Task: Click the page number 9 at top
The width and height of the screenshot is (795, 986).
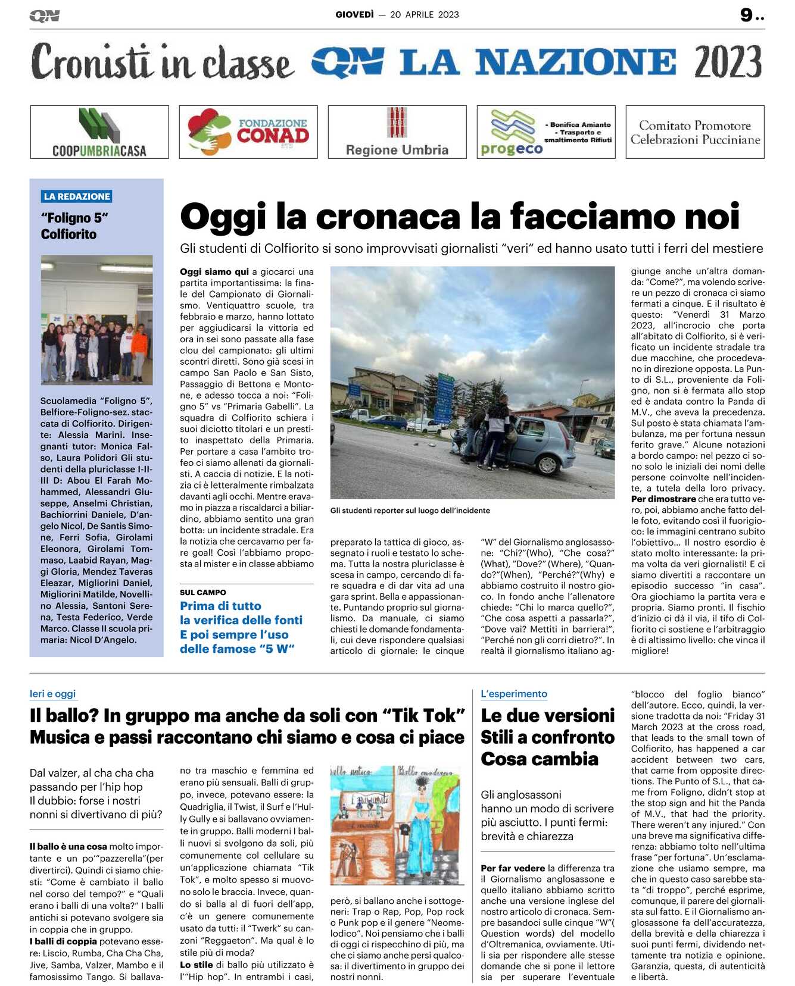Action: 746,15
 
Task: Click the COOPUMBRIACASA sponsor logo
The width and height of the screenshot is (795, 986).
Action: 99,132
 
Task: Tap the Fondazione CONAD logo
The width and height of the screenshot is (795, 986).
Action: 248,132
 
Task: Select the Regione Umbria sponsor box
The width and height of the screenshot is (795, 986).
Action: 397,132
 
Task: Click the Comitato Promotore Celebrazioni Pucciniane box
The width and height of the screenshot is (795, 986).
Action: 695,132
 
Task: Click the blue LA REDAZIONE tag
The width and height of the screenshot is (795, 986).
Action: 77,196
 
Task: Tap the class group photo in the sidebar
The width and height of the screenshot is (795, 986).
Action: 96,320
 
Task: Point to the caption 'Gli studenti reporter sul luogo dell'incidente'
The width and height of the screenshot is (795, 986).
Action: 410,511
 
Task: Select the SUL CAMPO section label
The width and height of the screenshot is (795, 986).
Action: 203,593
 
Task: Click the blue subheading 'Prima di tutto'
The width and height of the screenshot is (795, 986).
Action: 220,606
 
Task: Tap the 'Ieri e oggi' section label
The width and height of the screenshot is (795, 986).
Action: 52,694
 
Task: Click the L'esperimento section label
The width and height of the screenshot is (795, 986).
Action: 514,694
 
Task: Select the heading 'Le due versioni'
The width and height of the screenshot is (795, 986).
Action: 547,715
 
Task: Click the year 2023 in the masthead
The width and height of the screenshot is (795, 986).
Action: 728,62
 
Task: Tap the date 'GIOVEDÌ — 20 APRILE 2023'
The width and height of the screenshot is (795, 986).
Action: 397,15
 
